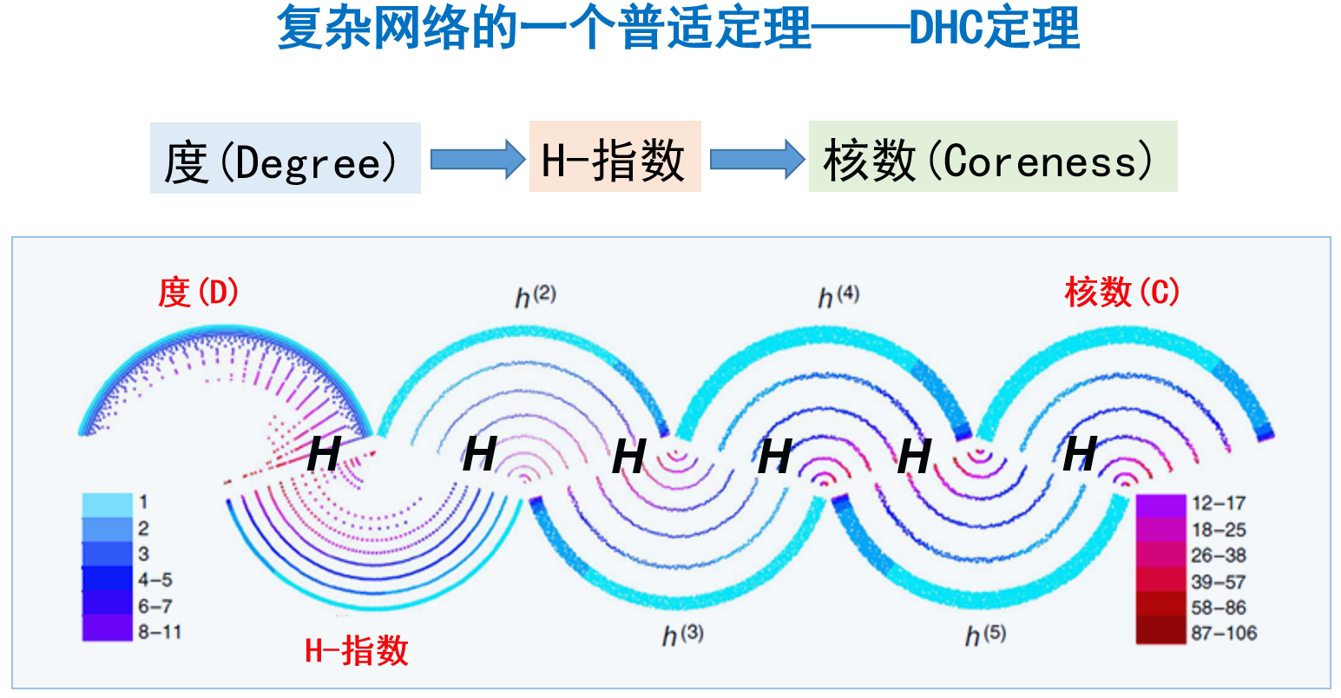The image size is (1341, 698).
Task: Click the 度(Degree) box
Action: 285,158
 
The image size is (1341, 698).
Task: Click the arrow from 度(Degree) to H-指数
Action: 477,160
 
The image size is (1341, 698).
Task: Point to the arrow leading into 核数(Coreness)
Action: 757,160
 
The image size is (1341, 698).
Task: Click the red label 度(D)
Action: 198,293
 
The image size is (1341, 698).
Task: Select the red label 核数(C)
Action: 1122,292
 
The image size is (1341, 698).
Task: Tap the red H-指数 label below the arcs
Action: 357,650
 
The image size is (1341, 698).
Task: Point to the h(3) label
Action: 683,635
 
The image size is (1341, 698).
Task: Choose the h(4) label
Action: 838,296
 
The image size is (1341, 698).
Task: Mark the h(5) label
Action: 986,635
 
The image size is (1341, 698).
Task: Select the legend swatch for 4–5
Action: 107,579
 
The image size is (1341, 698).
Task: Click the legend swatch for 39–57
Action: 1160,581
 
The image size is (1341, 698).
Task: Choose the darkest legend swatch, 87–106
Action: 1160,631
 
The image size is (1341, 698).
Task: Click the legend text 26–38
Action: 1219,556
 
